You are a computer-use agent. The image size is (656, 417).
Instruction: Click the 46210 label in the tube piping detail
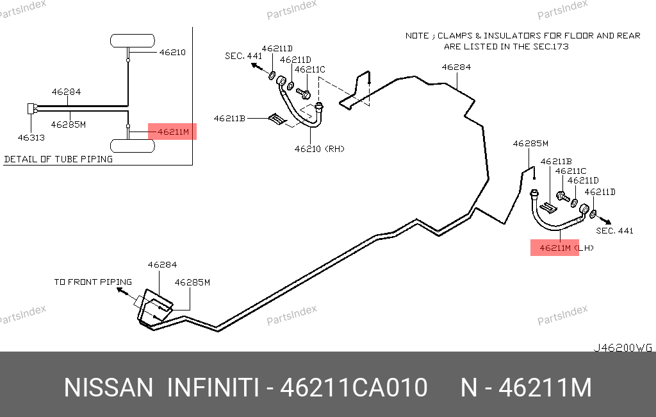(172, 53)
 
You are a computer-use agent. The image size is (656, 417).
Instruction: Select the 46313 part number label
(31, 137)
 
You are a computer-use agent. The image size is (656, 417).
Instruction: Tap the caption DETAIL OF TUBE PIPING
(58, 159)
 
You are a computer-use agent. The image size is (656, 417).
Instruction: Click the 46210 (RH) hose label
(319, 149)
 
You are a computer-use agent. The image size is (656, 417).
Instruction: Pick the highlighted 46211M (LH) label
(566, 248)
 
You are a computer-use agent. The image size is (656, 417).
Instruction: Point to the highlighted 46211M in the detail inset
(173, 132)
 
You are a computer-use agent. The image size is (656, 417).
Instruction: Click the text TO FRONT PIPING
(93, 282)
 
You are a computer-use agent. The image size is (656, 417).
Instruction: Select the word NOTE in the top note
(417, 36)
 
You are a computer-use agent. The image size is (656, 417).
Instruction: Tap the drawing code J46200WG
(623, 348)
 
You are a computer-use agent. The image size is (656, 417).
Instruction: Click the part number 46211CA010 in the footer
(354, 387)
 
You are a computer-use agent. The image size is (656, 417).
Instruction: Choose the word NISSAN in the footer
(108, 387)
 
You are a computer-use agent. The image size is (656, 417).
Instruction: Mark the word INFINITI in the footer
(213, 387)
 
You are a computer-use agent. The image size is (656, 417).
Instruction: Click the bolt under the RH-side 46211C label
(303, 92)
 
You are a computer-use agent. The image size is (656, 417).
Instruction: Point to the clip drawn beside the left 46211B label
(277, 119)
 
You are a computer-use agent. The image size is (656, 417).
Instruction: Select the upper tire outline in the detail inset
(132, 40)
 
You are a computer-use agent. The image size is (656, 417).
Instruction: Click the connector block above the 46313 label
(31, 108)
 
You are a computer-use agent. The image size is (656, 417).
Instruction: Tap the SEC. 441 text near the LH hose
(614, 230)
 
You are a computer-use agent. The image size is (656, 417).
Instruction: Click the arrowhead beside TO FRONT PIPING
(120, 290)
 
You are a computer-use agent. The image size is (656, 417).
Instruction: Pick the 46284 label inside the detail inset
(66, 92)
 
